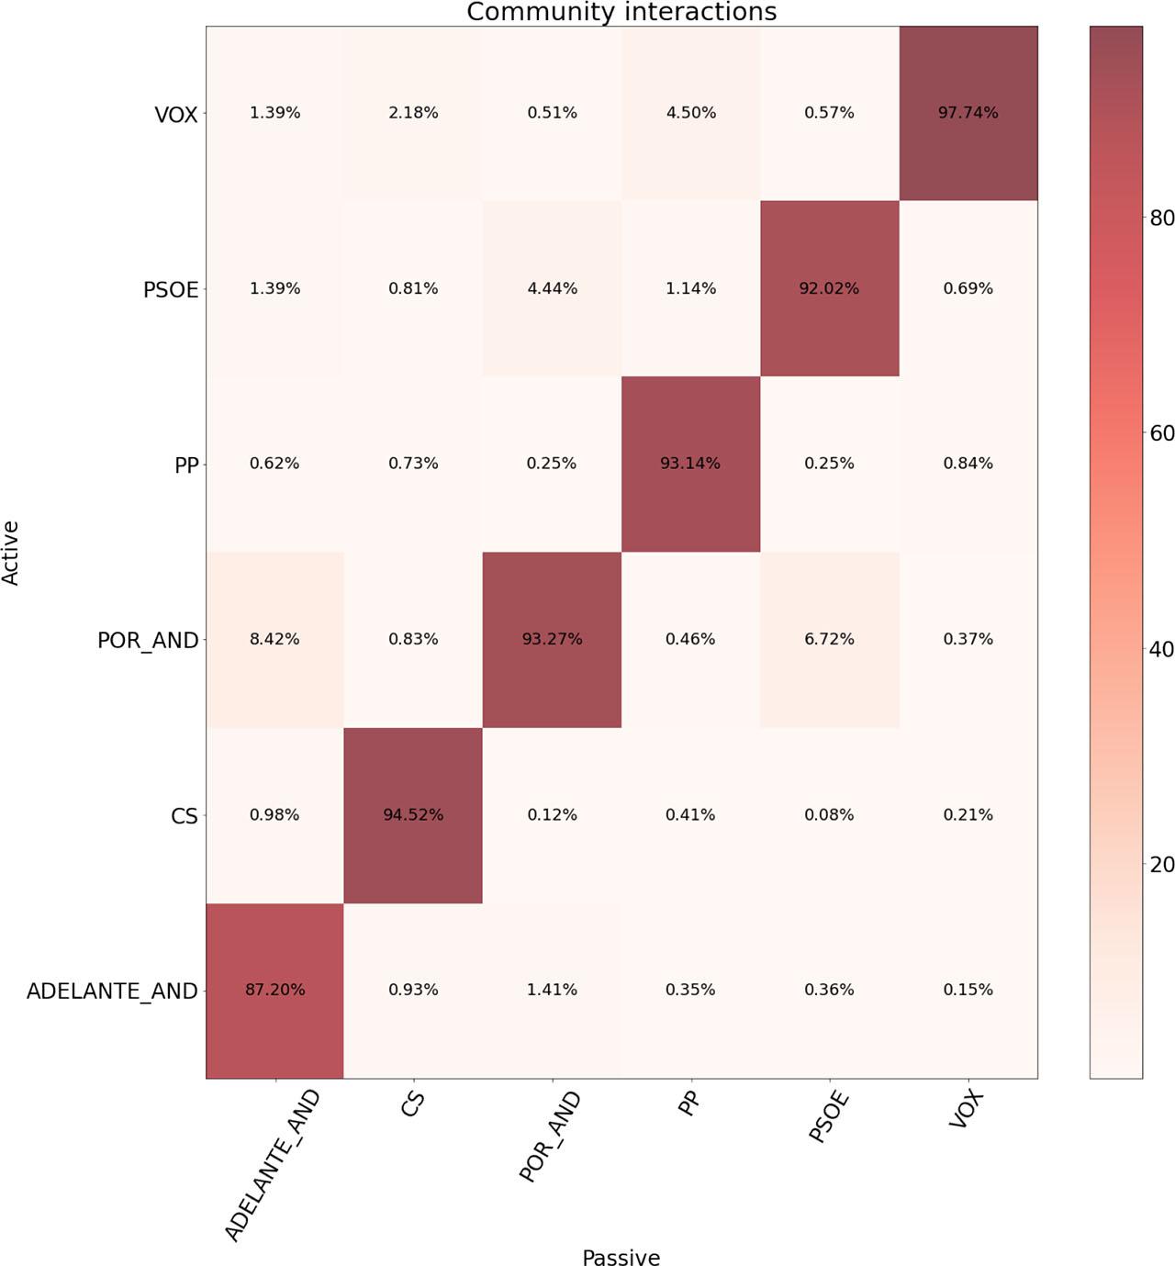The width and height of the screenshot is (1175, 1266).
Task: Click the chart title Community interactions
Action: pyautogui.click(x=621, y=12)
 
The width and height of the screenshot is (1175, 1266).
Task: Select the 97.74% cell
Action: pyautogui.click(x=968, y=113)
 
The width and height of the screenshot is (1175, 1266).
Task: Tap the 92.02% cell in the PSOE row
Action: pyautogui.click(x=829, y=288)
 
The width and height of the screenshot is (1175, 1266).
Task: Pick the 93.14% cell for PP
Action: pyautogui.click(x=690, y=464)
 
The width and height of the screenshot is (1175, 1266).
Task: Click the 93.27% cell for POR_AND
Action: pyautogui.click(x=552, y=639)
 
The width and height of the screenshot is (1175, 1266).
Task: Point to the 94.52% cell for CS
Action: pyautogui.click(x=413, y=814)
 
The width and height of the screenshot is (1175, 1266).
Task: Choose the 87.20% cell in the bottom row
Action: pyautogui.click(x=274, y=990)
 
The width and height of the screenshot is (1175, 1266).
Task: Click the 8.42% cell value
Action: pyautogui.click(x=274, y=639)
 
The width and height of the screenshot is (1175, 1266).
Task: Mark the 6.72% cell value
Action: pyautogui.click(x=829, y=639)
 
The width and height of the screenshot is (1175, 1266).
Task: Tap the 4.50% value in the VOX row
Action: pyautogui.click(x=690, y=113)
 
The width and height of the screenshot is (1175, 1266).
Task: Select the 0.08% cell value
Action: pyautogui.click(x=829, y=814)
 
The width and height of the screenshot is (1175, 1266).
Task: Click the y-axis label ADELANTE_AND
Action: pyautogui.click(x=112, y=991)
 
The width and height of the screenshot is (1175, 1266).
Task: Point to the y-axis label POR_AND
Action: pyautogui.click(x=148, y=640)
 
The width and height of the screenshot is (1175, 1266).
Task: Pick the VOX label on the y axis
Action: pyautogui.click(x=176, y=115)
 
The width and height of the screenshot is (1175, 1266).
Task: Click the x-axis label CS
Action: pyautogui.click(x=413, y=1104)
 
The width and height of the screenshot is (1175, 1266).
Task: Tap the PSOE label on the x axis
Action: pyautogui.click(x=828, y=1117)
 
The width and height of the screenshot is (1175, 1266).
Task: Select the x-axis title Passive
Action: pyautogui.click(x=621, y=1257)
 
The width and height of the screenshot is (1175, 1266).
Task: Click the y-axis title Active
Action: pyautogui.click(x=11, y=553)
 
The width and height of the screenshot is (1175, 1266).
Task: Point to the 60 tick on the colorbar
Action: pyautogui.click(x=1161, y=433)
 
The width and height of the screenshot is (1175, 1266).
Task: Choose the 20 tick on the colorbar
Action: pyautogui.click(x=1161, y=865)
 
